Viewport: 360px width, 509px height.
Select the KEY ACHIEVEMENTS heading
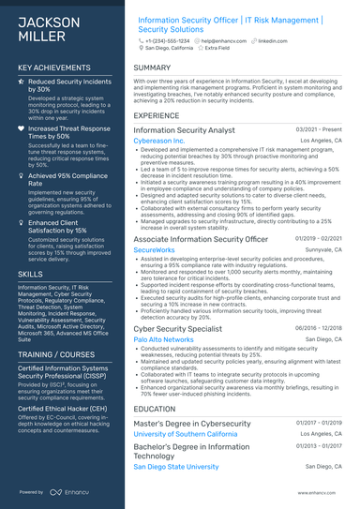tap(54, 68)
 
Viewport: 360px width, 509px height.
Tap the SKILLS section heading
tap(30, 273)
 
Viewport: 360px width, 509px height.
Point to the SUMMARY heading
tap(152, 68)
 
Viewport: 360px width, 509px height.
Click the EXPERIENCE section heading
tap(157, 116)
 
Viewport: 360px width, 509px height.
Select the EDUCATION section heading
tap(155, 409)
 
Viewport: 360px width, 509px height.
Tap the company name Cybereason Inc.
tap(159, 141)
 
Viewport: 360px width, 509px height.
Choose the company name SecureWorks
tap(154, 250)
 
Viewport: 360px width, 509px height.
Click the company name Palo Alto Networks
tap(164, 339)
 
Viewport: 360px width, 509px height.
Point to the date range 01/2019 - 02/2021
tap(319, 240)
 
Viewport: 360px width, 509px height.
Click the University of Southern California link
tap(198, 434)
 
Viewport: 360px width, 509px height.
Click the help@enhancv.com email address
tap(224, 41)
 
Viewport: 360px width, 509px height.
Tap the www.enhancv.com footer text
tap(320, 491)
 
